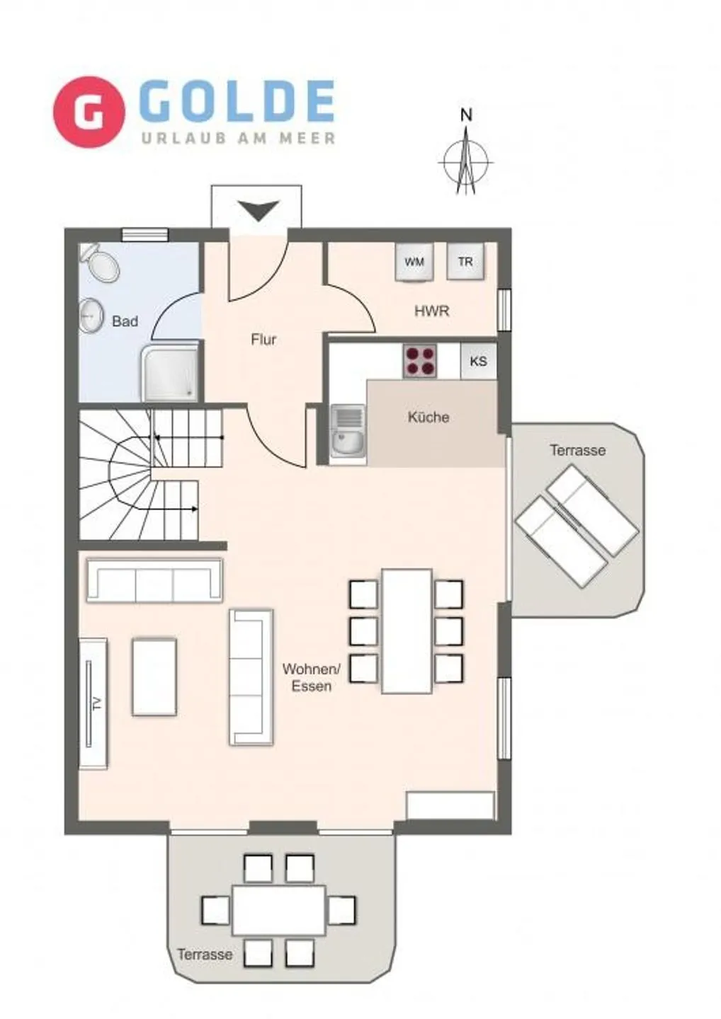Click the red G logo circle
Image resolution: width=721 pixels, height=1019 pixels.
point(89,112)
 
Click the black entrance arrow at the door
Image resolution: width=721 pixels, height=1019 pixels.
point(258,210)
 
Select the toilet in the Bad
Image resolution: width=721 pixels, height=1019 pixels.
point(101,263)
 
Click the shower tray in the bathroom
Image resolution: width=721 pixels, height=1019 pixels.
point(171,372)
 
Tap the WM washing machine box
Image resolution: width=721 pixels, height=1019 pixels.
point(414,262)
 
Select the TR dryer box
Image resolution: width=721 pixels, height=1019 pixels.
point(465,262)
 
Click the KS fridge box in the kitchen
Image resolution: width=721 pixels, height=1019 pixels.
point(478,362)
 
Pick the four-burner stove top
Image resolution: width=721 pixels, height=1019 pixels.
point(420,361)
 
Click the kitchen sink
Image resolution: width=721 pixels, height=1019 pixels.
point(347,432)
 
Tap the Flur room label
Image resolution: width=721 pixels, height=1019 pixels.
point(263,340)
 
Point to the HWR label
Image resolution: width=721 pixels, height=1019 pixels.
point(431,311)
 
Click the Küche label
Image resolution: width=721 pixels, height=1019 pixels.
point(428,417)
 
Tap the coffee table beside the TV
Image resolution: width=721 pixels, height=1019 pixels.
point(154,677)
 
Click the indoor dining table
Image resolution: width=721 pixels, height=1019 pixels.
point(407,631)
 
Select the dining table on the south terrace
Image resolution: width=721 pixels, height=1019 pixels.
point(279,909)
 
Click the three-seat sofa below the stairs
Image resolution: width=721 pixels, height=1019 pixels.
point(154,580)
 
